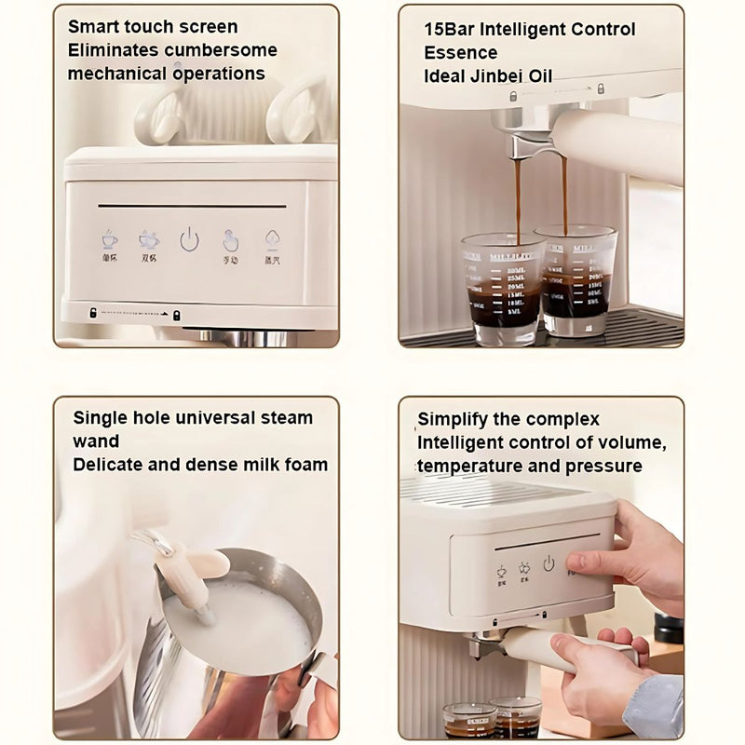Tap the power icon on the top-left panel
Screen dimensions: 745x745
pyautogui.click(x=189, y=240)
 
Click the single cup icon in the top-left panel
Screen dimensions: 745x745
pyautogui.click(x=110, y=239)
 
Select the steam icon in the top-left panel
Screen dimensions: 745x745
pyautogui.click(x=272, y=240)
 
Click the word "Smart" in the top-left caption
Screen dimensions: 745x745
pyautogui.click(x=94, y=27)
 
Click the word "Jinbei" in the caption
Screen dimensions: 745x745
pyautogui.click(x=497, y=75)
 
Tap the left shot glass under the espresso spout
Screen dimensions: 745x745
pyautogui.click(x=502, y=289)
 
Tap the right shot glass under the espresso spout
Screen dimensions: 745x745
pyautogui.click(x=577, y=279)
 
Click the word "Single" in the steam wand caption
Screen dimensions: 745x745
pyautogui.click(x=101, y=417)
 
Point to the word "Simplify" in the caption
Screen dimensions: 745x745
pyautogui.click(x=455, y=419)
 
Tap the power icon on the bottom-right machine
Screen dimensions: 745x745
pyautogui.click(x=549, y=563)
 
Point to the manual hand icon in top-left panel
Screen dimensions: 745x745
pyautogui.click(x=231, y=240)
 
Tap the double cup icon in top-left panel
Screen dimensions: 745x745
pyautogui.click(x=149, y=239)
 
